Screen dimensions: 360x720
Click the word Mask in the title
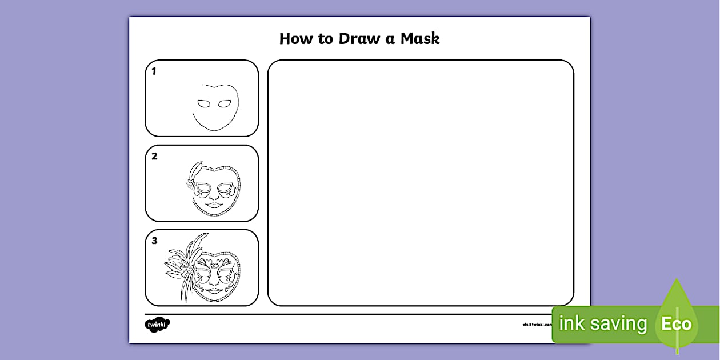419,39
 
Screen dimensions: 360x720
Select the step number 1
154,71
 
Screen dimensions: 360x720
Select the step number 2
154,156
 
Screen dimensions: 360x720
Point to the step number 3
154,241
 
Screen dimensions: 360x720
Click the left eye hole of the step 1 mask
204,104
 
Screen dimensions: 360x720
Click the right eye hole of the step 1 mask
225,104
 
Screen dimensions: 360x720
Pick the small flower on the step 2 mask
190,183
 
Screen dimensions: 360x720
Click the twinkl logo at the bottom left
157,325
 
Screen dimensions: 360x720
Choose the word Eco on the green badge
677,325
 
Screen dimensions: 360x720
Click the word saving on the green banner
619,324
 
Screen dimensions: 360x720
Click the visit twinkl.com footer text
537,325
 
